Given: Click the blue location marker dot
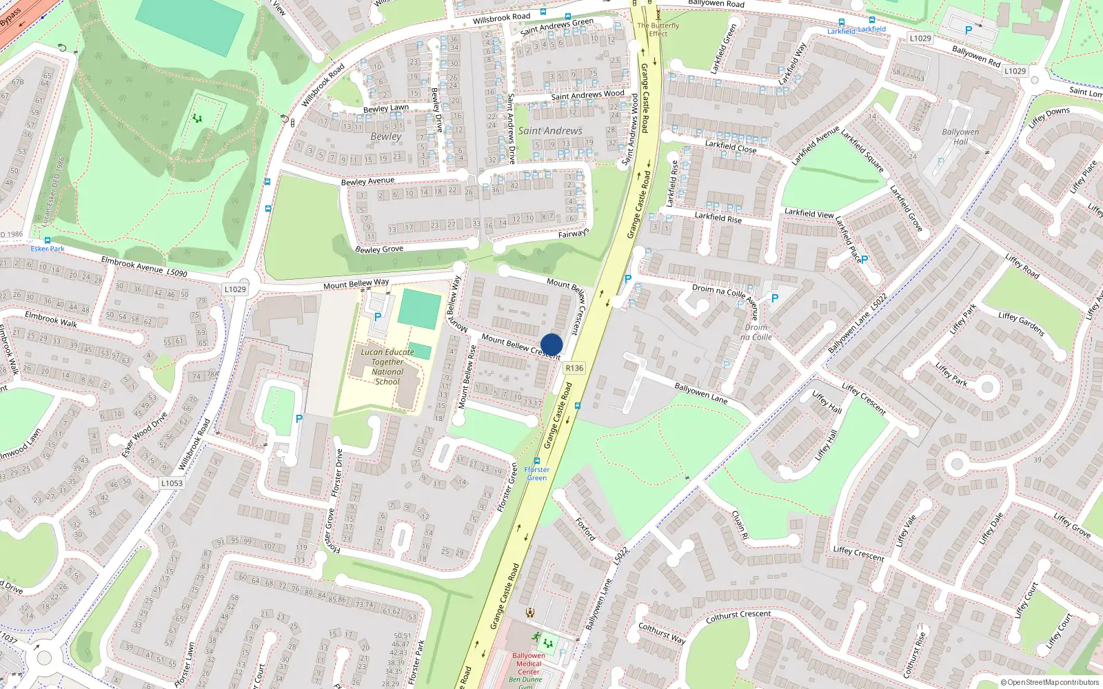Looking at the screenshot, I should pos(551,344).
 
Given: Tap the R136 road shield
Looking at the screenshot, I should pos(574,368).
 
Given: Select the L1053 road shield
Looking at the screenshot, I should pos(172,483).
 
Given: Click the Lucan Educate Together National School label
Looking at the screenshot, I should pos(387,367).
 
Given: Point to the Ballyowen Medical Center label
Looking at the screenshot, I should pos(528,664).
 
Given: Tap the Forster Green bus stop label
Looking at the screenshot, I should pos(536,473).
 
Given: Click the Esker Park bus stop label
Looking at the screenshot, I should pos(48,249).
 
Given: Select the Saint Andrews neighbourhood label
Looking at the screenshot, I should pos(550,131).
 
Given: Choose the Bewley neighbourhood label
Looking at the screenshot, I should pos(385,136).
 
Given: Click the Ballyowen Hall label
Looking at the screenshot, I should pos(960,136).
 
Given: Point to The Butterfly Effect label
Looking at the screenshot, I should pos(658,30).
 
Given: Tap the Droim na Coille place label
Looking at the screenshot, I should pos(756,332).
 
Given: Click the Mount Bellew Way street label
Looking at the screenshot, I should pos(356,284).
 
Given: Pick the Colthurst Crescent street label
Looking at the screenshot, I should pos(738,615).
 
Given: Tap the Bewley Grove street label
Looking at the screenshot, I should pos(378,248).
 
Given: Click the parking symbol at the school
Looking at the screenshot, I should pos(377,317).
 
